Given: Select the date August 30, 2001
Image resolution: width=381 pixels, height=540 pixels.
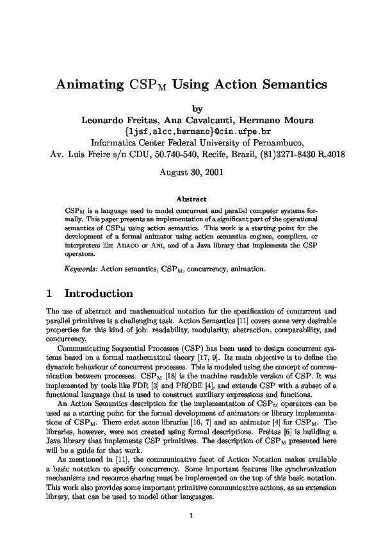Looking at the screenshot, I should (x=190, y=172).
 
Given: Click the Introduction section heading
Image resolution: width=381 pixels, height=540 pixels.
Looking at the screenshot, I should (x=99, y=294).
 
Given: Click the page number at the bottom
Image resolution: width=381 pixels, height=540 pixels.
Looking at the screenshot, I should (x=191, y=496).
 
